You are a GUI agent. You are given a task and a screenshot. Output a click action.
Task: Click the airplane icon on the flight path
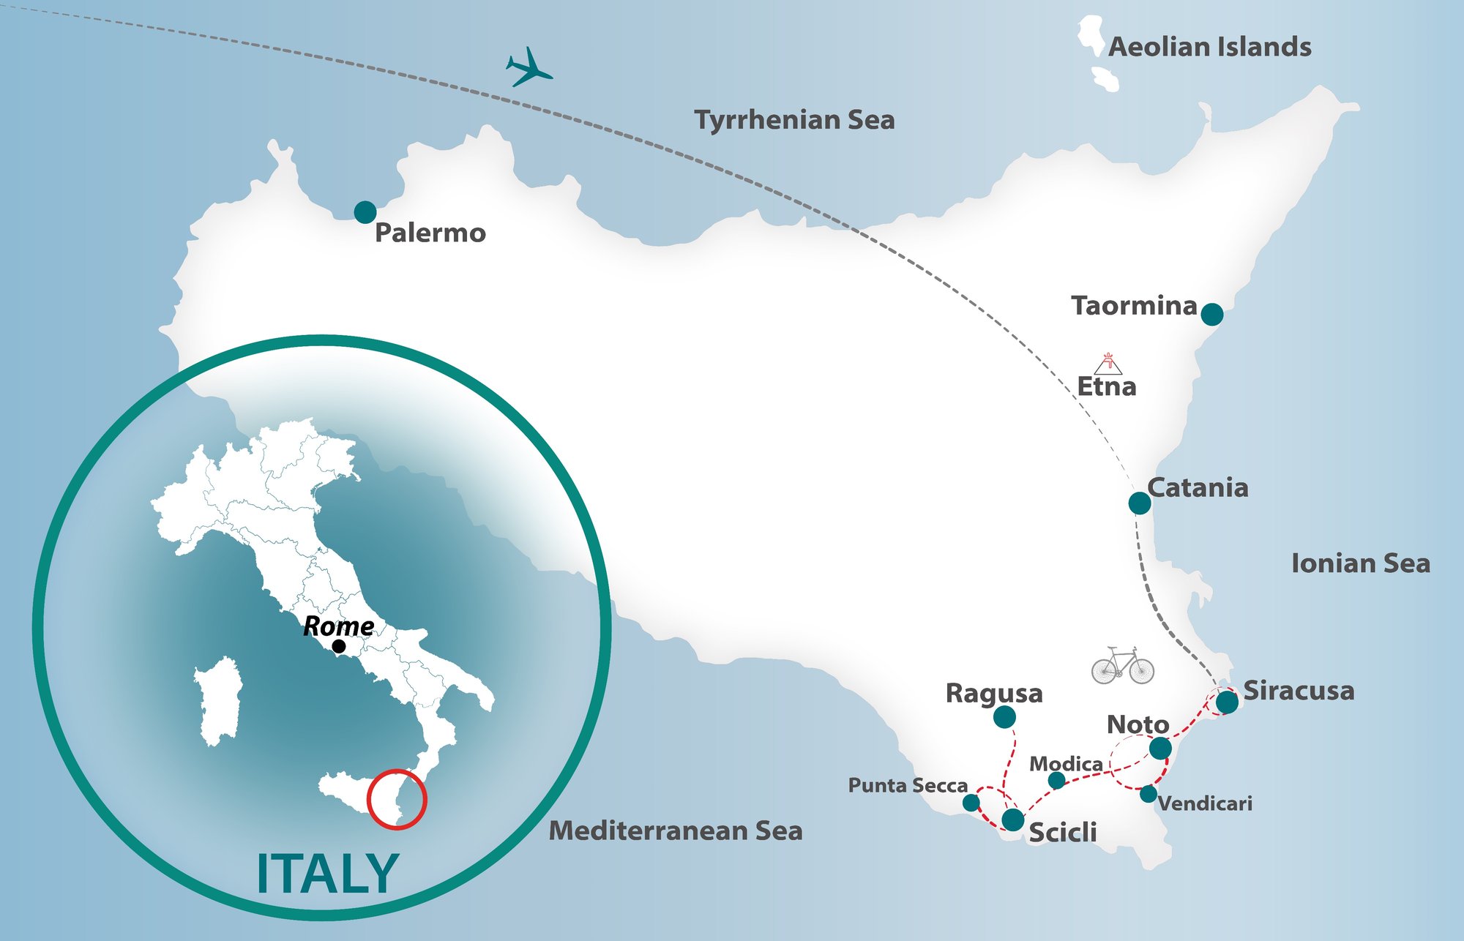pyautogui.click(x=528, y=68)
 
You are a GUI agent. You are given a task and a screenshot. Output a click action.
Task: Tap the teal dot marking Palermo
pyautogui.click(x=365, y=212)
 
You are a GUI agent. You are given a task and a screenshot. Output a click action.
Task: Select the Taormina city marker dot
pyautogui.click(x=1212, y=315)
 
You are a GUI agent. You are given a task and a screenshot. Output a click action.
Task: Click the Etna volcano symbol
pyautogui.click(x=1109, y=364)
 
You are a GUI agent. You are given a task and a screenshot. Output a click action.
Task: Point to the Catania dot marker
pyautogui.click(x=1139, y=503)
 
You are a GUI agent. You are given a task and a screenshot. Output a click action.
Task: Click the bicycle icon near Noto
pyautogui.click(x=1122, y=666)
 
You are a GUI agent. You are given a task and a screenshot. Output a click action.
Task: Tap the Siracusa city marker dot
pyautogui.click(x=1227, y=702)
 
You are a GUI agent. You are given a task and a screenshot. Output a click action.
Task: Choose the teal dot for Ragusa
pyautogui.click(x=1004, y=717)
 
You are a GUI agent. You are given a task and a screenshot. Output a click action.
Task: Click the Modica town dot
pyautogui.click(x=1056, y=780)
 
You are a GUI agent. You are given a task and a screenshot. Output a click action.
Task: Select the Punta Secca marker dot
pyautogui.click(x=971, y=803)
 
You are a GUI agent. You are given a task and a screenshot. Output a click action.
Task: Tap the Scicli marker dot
pyautogui.click(x=1012, y=820)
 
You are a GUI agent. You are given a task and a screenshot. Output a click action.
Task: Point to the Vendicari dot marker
pyautogui.click(x=1149, y=794)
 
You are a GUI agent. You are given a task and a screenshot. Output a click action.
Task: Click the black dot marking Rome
pyautogui.click(x=339, y=646)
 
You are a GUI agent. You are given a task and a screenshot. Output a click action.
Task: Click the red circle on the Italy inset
pyautogui.click(x=397, y=798)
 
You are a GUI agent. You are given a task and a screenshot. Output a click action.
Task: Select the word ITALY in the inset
pyautogui.click(x=327, y=874)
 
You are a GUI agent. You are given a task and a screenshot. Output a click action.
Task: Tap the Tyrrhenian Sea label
pyautogui.click(x=794, y=120)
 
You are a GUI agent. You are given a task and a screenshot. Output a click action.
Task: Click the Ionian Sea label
pyautogui.click(x=1360, y=563)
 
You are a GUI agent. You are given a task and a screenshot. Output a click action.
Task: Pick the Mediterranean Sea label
pyautogui.click(x=676, y=831)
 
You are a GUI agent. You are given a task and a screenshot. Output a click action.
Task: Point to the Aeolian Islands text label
pyautogui.click(x=1209, y=48)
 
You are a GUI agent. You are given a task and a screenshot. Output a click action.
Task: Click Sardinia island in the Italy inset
pyautogui.click(x=218, y=701)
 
